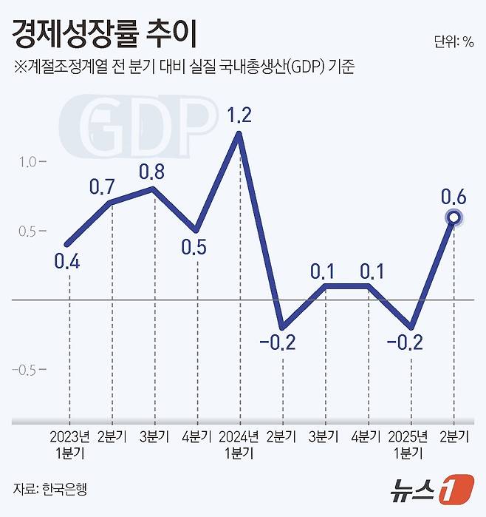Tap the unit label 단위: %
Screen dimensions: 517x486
click(454, 41)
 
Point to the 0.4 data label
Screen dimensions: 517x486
click(68, 261)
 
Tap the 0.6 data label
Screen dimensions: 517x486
click(453, 197)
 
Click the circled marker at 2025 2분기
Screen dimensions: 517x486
click(454, 217)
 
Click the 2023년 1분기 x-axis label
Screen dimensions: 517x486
click(69, 442)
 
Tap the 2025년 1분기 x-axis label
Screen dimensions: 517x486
click(410, 442)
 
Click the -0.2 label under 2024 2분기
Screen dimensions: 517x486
click(281, 343)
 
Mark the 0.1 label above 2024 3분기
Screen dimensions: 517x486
click(324, 270)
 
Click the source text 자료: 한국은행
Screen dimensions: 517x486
click(44, 489)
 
